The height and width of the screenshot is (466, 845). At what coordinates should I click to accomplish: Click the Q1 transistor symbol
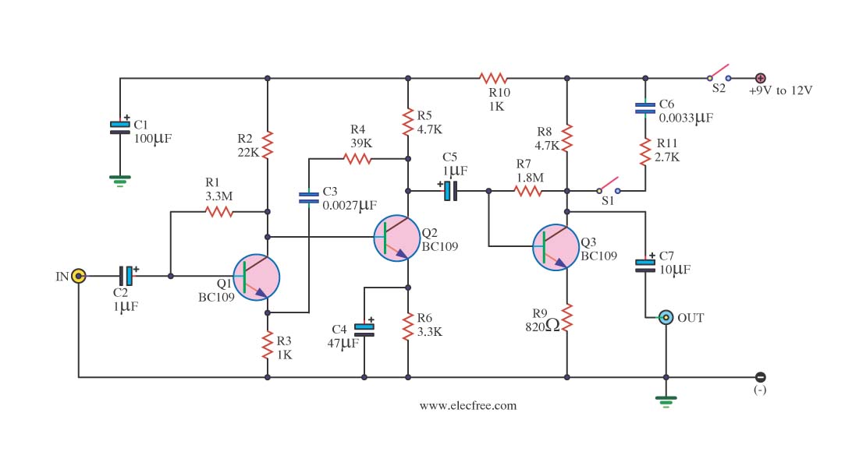(x=257, y=277)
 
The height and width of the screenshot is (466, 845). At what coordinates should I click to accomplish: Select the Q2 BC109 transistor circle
(x=396, y=238)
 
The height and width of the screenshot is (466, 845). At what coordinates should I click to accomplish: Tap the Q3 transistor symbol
(x=556, y=248)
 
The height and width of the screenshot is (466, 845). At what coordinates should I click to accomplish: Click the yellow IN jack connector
(x=79, y=277)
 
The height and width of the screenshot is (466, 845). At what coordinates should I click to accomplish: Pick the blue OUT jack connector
(x=666, y=317)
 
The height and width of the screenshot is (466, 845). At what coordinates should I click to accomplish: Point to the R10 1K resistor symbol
(x=493, y=79)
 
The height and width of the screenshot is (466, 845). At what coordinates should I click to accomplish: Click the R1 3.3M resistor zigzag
(x=219, y=212)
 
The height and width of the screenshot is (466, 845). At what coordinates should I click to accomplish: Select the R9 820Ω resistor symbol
(x=567, y=317)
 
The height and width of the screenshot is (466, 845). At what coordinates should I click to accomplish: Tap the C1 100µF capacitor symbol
(x=120, y=128)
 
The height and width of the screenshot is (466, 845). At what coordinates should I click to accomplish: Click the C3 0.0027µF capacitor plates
(x=309, y=198)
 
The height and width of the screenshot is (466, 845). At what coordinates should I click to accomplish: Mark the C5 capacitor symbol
(x=450, y=190)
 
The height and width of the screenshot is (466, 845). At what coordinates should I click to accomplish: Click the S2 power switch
(x=719, y=74)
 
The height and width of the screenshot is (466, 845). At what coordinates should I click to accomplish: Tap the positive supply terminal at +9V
(x=761, y=79)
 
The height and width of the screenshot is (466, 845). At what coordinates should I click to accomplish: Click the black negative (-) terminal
(x=761, y=377)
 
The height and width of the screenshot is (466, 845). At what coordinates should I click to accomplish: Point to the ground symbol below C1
(x=120, y=180)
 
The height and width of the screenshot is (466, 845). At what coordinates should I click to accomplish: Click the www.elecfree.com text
(x=468, y=406)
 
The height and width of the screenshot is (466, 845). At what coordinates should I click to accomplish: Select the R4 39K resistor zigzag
(x=357, y=159)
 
